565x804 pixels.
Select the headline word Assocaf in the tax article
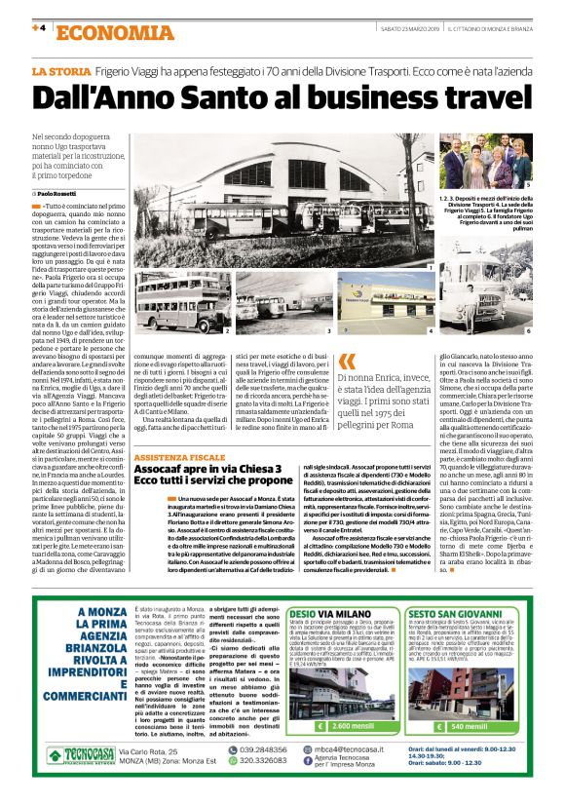(x=160, y=469)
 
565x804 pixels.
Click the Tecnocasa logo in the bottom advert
(x=76, y=755)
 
